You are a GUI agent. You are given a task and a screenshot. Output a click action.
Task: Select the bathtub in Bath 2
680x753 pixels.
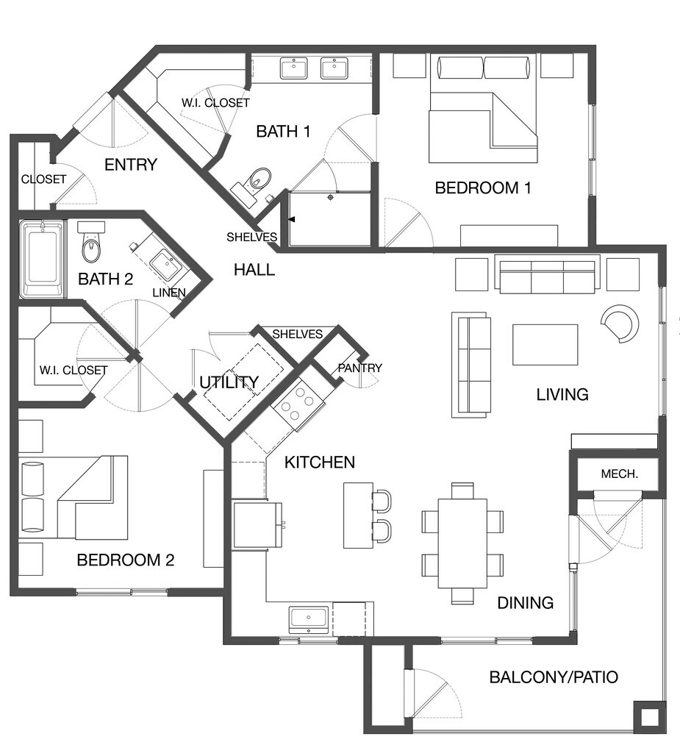42,260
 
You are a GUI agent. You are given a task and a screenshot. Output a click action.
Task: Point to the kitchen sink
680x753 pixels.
309,619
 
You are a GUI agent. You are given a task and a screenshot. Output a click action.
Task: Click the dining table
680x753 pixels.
462,543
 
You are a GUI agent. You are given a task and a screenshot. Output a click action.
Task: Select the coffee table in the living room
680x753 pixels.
545,345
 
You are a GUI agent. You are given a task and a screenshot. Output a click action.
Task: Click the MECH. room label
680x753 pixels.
620,474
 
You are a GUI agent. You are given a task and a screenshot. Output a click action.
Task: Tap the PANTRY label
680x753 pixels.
359,368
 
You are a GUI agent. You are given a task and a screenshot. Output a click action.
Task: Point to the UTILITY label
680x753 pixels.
229,382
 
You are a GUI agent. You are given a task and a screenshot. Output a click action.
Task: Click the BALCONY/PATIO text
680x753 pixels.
554,677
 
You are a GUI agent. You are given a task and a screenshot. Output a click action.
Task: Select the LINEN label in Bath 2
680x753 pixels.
169,293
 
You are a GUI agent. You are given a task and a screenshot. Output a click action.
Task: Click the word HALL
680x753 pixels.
254,270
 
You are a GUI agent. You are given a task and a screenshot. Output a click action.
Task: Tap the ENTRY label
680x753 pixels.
131,165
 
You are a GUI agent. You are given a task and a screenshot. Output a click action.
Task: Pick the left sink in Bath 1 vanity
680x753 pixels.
294,68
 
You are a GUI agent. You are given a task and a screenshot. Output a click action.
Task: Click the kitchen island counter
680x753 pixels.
358,515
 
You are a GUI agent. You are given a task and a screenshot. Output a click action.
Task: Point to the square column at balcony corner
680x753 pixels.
650,718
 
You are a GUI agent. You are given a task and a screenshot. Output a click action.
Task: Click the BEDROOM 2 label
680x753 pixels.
125,560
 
